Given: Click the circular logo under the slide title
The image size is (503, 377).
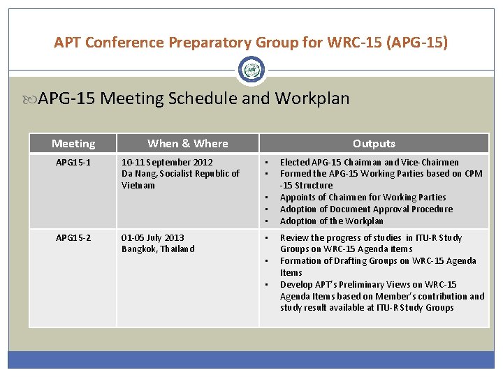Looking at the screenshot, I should [x=251, y=70].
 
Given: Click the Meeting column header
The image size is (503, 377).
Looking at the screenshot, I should [x=73, y=144].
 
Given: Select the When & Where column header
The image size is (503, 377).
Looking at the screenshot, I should [x=187, y=144].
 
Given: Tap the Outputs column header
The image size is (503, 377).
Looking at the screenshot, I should [x=374, y=144].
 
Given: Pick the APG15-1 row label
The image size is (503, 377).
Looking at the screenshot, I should [x=73, y=163].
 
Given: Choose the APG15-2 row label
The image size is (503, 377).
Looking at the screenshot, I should [x=73, y=238].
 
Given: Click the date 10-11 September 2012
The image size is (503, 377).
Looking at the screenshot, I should [x=167, y=163].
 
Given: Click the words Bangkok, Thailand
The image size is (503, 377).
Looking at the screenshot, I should [x=158, y=249].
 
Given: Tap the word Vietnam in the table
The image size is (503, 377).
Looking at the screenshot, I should [x=138, y=186].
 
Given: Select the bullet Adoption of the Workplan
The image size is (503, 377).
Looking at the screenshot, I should [x=331, y=221].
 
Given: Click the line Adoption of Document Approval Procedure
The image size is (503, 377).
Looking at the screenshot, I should [x=366, y=209].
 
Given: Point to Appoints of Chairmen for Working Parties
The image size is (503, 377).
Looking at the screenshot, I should [x=363, y=198].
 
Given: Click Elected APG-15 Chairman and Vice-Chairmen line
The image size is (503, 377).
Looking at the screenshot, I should [x=369, y=163].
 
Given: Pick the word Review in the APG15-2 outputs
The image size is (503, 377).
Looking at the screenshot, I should [x=294, y=238].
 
